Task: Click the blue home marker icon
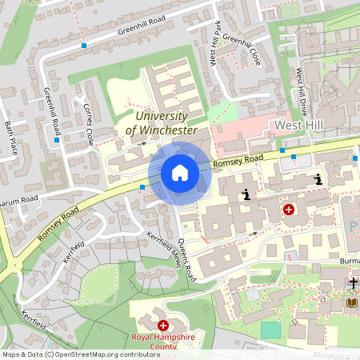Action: click(180, 173)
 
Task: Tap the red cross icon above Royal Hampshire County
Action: click(163, 326)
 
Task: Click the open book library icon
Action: click(352, 302)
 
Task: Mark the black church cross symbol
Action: click(353, 283)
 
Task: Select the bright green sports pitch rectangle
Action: click(271, 329)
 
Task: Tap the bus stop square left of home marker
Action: click(142, 187)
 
